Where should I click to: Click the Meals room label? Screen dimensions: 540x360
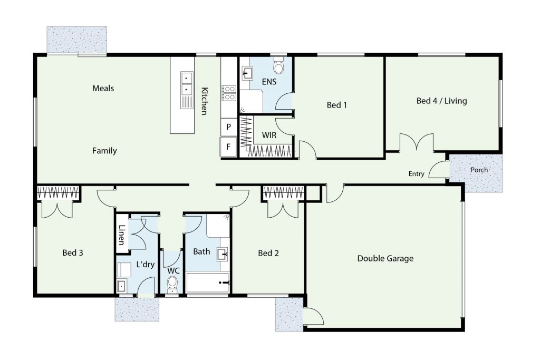[103, 89]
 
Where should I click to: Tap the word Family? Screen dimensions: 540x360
[104, 151]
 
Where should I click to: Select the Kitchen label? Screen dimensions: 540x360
[204, 101]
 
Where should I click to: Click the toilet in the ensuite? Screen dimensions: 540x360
[278, 66]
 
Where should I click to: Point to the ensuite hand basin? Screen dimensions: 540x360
[247, 73]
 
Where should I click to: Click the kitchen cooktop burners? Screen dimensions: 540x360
[229, 93]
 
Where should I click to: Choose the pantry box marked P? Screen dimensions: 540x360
[229, 127]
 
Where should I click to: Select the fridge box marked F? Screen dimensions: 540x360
[228, 147]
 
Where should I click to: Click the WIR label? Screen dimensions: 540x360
[269, 135]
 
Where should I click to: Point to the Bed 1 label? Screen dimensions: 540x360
[336, 105]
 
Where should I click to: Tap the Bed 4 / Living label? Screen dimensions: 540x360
[441, 101]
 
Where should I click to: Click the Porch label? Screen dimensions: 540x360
[479, 170]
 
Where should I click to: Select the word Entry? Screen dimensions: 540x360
[417, 174]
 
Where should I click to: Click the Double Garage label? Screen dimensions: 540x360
[385, 258]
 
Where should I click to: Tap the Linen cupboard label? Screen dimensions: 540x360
[122, 235]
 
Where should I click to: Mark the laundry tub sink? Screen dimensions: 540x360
[121, 286]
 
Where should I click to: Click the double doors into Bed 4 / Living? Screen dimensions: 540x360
[417, 142]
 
